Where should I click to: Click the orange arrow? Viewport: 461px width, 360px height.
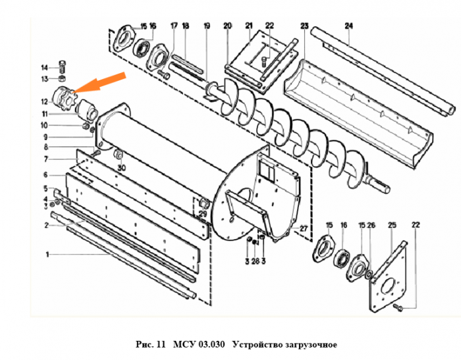click(99, 83)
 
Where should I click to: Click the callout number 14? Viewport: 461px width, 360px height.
click(44, 68)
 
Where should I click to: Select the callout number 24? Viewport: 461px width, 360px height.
click(348, 26)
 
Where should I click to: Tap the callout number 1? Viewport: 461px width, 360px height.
click(47, 255)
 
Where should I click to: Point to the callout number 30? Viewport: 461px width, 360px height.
click(121, 168)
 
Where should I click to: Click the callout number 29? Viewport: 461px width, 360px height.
click(203, 214)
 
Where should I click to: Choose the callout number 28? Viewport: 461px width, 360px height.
click(256, 261)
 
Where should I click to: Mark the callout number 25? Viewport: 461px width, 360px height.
click(392, 225)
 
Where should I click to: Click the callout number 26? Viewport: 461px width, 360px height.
click(371, 225)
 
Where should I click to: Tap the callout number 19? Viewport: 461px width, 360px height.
click(207, 26)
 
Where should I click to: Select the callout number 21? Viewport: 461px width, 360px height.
click(249, 26)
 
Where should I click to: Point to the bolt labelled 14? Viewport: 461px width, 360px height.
click(63, 68)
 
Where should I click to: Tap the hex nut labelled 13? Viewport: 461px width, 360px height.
click(62, 78)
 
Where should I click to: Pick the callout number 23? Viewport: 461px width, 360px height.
click(304, 26)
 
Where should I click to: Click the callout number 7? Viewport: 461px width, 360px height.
click(46, 159)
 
